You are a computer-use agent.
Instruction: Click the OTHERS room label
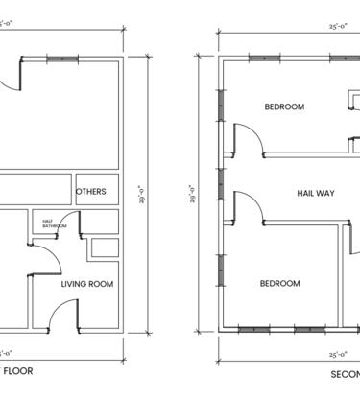pyautogui.click(x=90, y=192)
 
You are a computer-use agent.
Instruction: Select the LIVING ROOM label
pyautogui.click(x=87, y=284)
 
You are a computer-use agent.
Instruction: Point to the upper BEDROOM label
pyautogui.click(x=284, y=107)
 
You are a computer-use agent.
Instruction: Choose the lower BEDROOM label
pyautogui.click(x=279, y=284)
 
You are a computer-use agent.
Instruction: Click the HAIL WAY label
pyautogui.click(x=315, y=193)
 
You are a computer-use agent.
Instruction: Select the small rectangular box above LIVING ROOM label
pyautogui.click(x=102, y=247)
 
